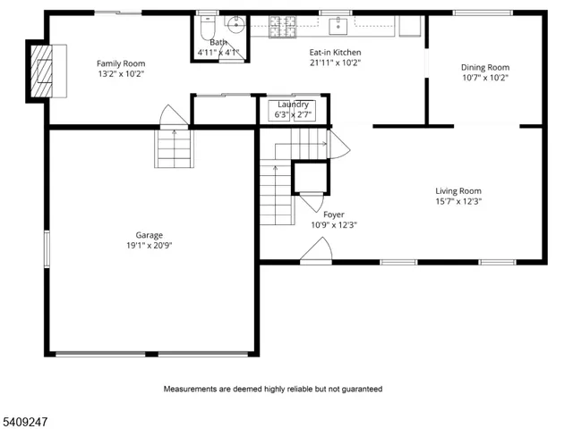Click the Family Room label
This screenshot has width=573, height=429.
click(121, 63)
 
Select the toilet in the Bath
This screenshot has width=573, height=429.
click(207, 26)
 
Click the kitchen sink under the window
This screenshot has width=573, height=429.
click(340, 26)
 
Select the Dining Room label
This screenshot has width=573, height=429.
click(484, 67)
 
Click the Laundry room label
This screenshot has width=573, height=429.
click(293, 105)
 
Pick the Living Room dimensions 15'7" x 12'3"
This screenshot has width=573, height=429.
click(458, 201)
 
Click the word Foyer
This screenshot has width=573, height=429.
click(333, 214)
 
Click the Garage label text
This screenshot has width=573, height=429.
click(149, 235)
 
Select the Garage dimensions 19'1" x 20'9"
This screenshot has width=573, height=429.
click(149, 245)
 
